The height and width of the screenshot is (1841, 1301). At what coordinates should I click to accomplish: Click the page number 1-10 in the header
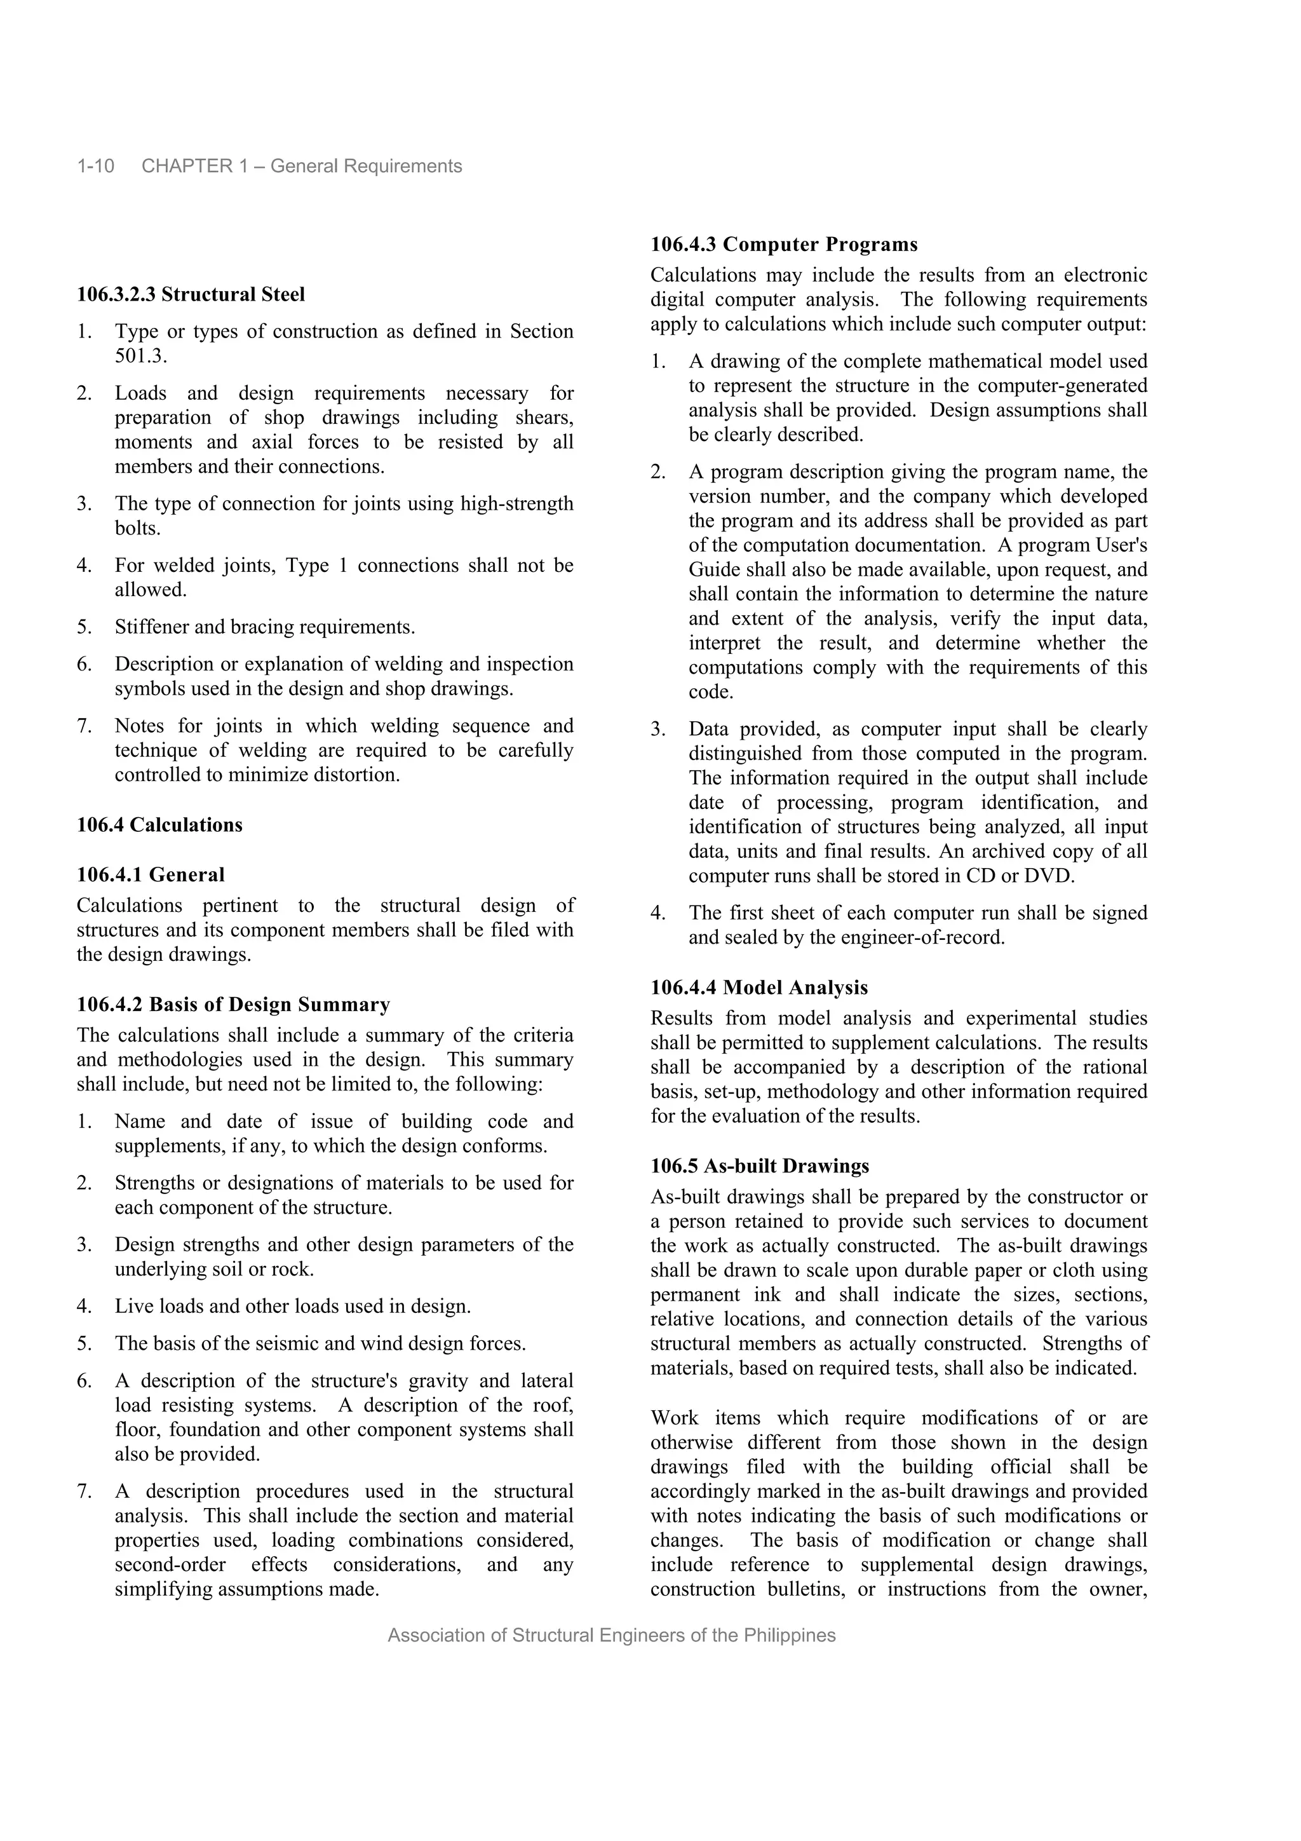pyautogui.click(x=95, y=166)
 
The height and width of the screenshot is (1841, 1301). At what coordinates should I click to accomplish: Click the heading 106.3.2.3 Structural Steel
pyautogui.click(x=191, y=294)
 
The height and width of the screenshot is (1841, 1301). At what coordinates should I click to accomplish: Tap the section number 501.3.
pyautogui.click(x=140, y=356)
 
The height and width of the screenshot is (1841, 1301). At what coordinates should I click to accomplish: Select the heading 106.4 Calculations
pyautogui.click(x=159, y=825)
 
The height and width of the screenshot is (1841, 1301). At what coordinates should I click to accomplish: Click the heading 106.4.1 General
pyautogui.click(x=151, y=875)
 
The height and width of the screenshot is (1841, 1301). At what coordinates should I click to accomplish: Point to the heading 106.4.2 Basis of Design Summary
pyautogui.click(x=233, y=1005)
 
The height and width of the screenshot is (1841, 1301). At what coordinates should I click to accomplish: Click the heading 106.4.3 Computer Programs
pyautogui.click(x=784, y=245)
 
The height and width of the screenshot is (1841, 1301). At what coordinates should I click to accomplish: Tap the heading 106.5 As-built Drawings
pyautogui.click(x=760, y=1166)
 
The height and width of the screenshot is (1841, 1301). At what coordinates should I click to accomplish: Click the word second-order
pyautogui.click(x=170, y=1565)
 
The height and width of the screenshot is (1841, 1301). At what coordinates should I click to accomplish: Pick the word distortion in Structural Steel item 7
pyautogui.click(x=357, y=775)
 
